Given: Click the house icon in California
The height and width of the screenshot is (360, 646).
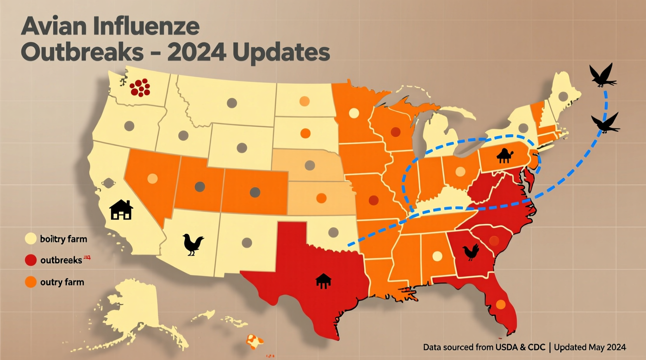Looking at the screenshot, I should point(121,210).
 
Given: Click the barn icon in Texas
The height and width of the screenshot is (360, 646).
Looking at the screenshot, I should point(323,280).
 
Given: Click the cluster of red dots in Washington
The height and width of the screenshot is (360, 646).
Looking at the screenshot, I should point(140,88).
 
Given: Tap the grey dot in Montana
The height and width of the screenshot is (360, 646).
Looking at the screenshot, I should point(232,103).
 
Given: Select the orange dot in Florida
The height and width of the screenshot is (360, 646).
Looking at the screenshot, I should point(501,305).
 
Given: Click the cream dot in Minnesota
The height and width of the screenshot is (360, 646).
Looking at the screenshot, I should point(354,113).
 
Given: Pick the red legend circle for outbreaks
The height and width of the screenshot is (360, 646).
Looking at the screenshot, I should point(31,260).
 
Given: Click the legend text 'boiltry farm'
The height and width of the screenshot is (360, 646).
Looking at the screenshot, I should point(63,239).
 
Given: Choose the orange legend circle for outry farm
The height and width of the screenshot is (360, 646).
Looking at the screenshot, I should point(31,282).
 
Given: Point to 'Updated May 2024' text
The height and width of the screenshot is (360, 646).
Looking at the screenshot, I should point(590,347).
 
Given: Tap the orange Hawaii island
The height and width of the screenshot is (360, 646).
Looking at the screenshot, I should point(254,341).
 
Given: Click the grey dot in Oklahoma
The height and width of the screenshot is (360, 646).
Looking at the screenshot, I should point(333,232).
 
